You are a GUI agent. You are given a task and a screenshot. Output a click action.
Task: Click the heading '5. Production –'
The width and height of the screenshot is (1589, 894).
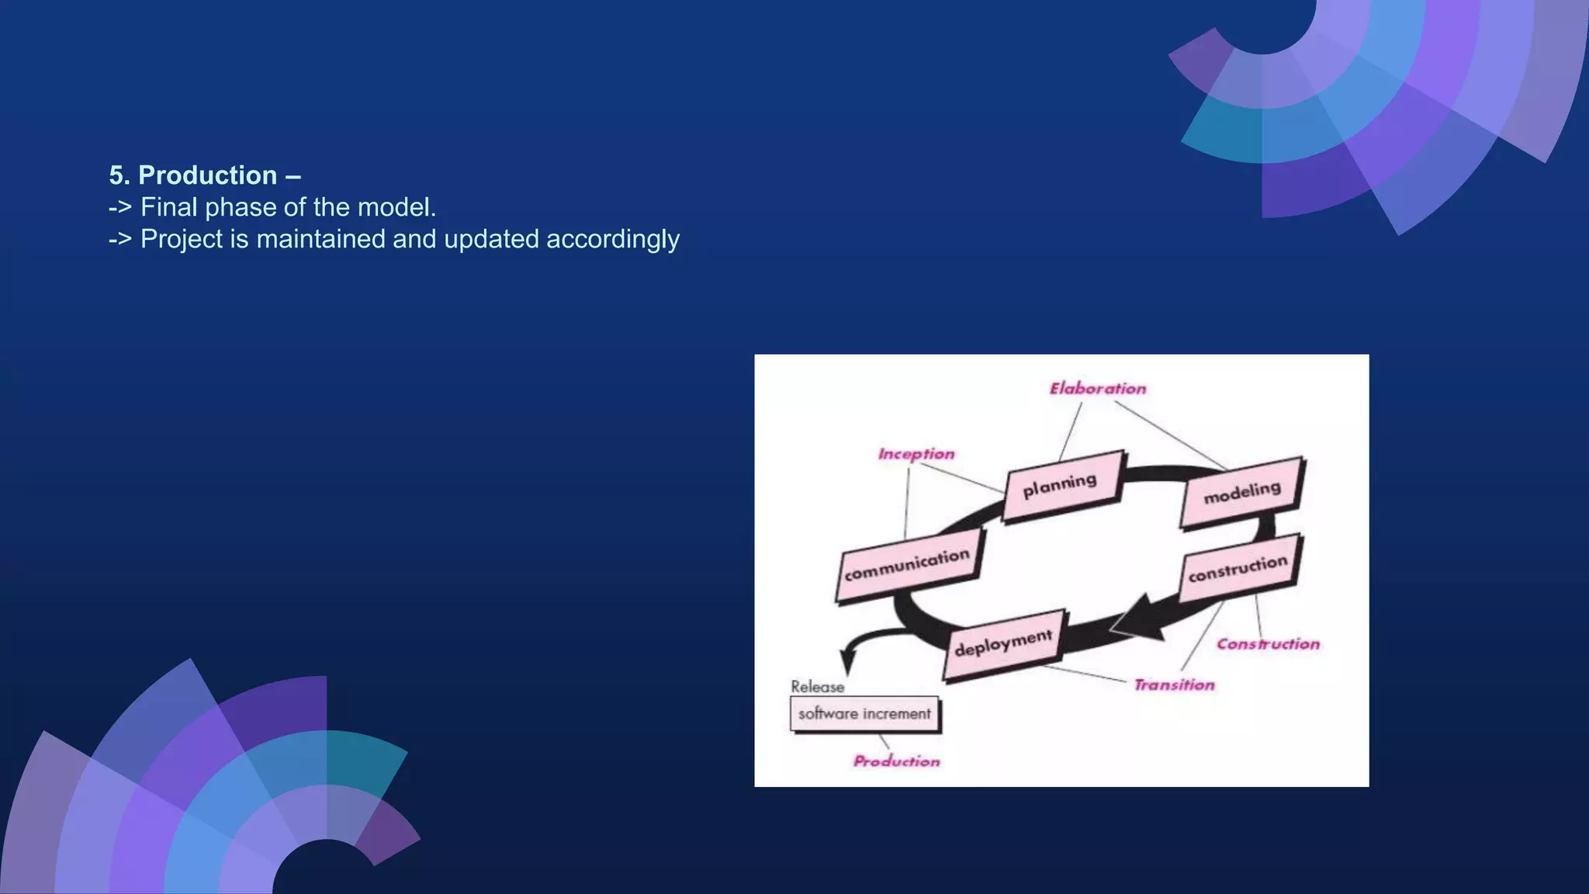[205, 175]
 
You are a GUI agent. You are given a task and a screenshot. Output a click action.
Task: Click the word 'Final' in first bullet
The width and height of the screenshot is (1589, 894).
[169, 207]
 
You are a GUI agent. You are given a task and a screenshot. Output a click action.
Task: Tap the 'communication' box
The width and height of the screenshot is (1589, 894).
[908, 566]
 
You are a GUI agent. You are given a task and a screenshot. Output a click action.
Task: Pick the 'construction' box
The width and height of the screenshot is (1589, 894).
[1238, 569]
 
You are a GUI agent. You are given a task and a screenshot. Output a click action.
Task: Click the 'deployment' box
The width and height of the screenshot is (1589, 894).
[1004, 644]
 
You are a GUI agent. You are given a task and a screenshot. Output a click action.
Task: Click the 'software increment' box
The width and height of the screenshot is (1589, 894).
[864, 714]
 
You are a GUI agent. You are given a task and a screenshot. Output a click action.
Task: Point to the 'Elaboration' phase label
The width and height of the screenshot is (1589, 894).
[1097, 388]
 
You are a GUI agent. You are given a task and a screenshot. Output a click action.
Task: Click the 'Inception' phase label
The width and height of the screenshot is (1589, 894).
[916, 454]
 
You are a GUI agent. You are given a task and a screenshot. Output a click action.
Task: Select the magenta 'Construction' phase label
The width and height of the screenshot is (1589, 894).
[1268, 644]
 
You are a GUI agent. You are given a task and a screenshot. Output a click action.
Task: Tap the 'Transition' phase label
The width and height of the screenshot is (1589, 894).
[1174, 685]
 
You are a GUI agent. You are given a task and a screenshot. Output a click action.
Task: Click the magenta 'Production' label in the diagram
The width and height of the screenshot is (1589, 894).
[896, 761]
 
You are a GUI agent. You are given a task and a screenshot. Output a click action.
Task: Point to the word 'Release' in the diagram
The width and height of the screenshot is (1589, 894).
[817, 687]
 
